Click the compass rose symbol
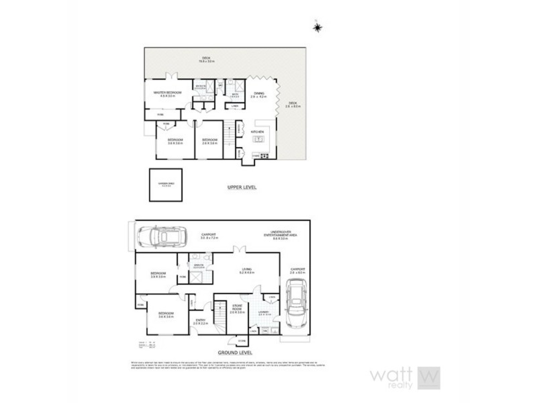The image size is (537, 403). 318,26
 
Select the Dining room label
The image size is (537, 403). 258,95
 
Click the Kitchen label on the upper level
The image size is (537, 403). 258,132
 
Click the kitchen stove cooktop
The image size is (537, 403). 264,156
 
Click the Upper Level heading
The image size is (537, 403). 237,187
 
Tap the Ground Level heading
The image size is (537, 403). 234,351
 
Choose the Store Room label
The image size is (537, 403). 235,310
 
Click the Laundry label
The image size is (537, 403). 264,312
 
